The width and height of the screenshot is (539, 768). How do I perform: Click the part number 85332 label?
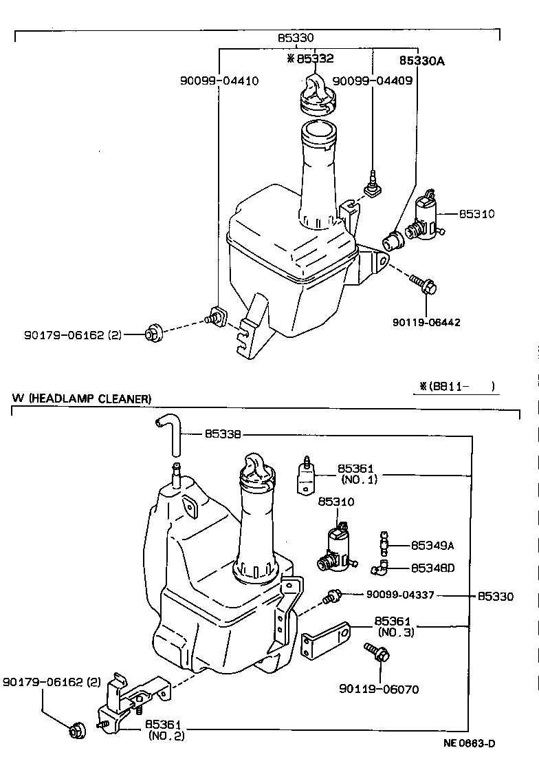pyautogui.click(x=315, y=60)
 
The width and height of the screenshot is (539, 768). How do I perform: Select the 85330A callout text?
pyautogui.click(x=422, y=61)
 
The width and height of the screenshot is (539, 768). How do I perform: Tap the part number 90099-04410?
pyautogui.click(x=215, y=81)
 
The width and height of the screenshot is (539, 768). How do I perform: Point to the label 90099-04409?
pyautogui.click(x=372, y=81)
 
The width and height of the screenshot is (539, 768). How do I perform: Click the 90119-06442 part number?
pyautogui.click(x=426, y=322)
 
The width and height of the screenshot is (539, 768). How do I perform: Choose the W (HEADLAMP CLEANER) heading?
pyautogui.click(x=81, y=398)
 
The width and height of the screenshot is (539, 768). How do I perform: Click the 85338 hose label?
pyautogui.click(x=221, y=434)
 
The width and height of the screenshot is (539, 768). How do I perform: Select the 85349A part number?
pyautogui.click(x=432, y=546)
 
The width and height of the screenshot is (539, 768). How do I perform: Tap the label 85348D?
pyautogui.click(x=432, y=568)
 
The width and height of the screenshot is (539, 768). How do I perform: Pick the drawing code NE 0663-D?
pyautogui.click(x=469, y=743)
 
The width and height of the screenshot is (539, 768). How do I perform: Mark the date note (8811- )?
pyautogui.click(x=456, y=386)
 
